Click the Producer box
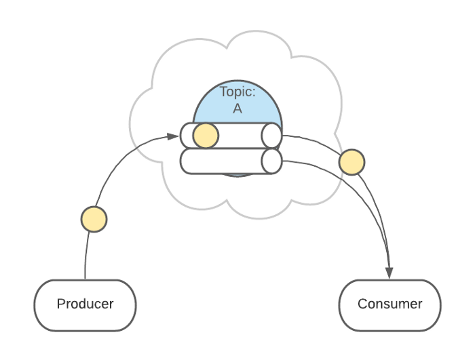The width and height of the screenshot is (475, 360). pos(85,304)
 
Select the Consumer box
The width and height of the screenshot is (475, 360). pos(389,304)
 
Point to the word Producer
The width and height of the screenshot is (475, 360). pos(85,304)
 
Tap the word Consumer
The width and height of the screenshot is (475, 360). pos(389,304)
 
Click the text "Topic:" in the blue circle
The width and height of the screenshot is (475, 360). pos(237,92)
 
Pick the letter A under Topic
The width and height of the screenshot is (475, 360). pos(237,108)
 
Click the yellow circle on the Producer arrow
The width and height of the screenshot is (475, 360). pos(94,220)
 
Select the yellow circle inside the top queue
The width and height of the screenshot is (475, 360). pos(206,136)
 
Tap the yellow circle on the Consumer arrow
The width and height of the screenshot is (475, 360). pos(351,163)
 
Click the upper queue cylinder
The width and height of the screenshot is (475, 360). pos(237,136)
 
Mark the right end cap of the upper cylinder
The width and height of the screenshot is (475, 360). pos(271,136)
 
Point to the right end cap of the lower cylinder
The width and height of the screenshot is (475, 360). pos(271,161)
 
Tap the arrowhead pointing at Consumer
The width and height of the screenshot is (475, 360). pos(389,273)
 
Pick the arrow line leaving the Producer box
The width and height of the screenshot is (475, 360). pos(87,258)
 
